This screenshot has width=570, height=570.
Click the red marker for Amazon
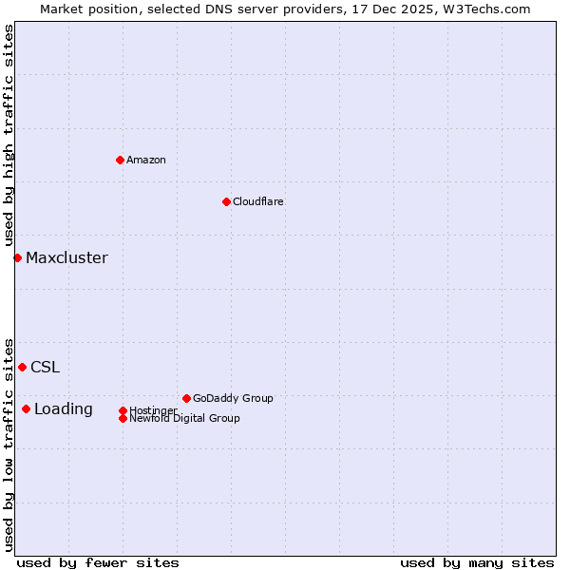coord(120,160)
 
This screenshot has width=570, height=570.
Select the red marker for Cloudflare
coord(226,201)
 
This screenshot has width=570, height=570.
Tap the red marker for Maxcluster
coord(17,257)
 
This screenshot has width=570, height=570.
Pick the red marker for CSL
coord(22,367)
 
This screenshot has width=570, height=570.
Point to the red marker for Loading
coord(26,409)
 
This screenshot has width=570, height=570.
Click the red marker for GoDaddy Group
coord(186,398)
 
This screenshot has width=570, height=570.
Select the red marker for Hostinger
coord(123,410)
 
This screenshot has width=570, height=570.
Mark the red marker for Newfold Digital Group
coord(123,418)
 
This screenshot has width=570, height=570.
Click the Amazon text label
coord(146,160)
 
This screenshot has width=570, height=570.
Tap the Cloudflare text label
coord(258,201)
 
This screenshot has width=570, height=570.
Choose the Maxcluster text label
coord(66,257)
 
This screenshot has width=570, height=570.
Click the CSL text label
coord(45,367)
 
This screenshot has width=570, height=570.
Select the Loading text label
coord(64,409)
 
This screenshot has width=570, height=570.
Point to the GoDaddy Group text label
coord(233,398)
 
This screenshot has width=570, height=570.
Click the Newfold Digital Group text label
coord(184,418)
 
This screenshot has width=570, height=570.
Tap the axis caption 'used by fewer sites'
coord(98,562)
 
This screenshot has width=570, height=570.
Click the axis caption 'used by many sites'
coord(477,562)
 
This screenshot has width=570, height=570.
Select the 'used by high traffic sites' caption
coord(9,135)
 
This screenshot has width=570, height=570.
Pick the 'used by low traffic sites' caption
coord(9,444)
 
